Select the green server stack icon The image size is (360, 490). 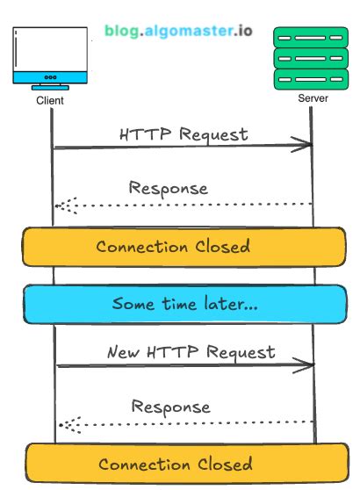pyautogui.click(x=310, y=59)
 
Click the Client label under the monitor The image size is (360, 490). pyautogui.click(x=52, y=100)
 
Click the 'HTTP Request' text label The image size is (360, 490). pyautogui.click(x=184, y=134)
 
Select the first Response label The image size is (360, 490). pyautogui.click(x=168, y=188)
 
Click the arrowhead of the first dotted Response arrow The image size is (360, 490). pyautogui.click(x=59, y=205)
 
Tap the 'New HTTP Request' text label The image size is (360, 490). pyautogui.click(x=191, y=352)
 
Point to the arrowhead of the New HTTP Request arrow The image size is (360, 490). pyautogui.click(x=310, y=364)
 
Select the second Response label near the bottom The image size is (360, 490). pyautogui.click(x=171, y=407)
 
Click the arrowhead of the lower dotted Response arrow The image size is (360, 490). pyautogui.click(x=62, y=425)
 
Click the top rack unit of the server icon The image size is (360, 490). pyautogui.click(x=310, y=37)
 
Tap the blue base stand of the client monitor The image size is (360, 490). pyautogui.click(x=51, y=87)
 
